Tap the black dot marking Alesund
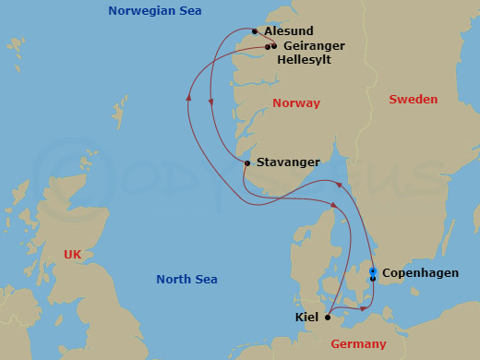pyautogui.click(x=255, y=30)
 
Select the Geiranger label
pyautogui.click(x=314, y=45)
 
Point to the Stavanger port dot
pyautogui.click(x=247, y=163)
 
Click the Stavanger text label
pyautogui.click(x=289, y=162)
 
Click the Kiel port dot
pyautogui.click(x=328, y=317)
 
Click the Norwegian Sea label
pyautogui.click(x=155, y=11)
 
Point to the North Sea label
pyautogui.click(x=186, y=280)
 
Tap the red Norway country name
pyautogui.click(x=296, y=103)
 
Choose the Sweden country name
pyautogui.click(x=413, y=99)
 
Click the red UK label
pyautogui.click(x=72, y=254)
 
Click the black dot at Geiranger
pyautogui.click(x=274, y=46)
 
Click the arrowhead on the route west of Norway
pyautogui.click(x=188, y=92)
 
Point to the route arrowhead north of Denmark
pyautogui.click(x=338, y=185)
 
